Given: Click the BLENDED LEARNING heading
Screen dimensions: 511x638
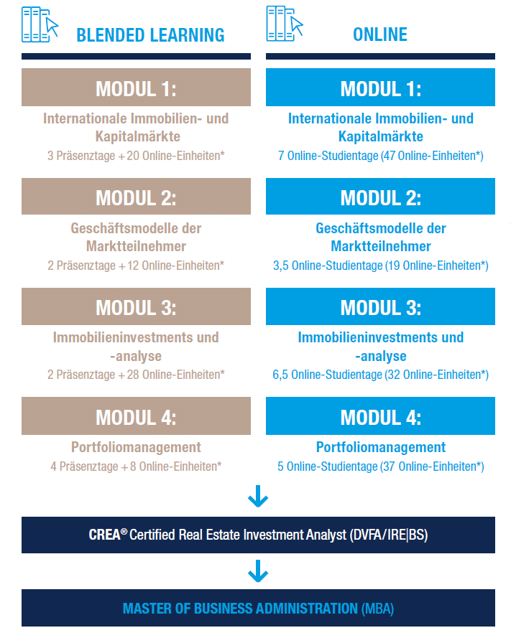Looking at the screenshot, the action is (150, 35).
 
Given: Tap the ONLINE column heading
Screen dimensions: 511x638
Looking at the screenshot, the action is (380, 34).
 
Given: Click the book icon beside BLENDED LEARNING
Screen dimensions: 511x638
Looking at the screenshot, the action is (40, 24).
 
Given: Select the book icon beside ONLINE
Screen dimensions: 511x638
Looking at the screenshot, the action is (285, 24).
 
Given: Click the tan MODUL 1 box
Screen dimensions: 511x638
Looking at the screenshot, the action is (136, 87).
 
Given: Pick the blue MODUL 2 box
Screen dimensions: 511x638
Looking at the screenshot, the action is (380, 196).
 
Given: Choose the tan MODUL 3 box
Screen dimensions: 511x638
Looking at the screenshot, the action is (136, 306).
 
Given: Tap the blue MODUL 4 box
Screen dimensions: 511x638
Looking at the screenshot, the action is (380, 416).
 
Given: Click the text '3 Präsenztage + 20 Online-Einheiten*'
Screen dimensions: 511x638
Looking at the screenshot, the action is (136, 156).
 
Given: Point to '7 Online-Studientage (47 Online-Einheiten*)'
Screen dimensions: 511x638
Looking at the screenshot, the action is (381, 156).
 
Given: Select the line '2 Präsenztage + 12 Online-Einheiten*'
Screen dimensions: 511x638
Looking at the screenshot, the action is (136, 266).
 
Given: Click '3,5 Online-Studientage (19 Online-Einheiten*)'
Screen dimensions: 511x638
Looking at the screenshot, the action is (381, 266).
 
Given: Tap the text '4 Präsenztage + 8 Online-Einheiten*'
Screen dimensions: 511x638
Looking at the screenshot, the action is (136, 466).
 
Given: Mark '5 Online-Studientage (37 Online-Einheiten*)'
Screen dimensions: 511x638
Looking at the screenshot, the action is (381, 466).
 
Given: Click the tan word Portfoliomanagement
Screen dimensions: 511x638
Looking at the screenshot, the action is (136, 447).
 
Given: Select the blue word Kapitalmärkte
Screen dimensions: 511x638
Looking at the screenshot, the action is (381, 136).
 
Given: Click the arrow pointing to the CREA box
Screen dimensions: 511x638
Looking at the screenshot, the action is (258, 496).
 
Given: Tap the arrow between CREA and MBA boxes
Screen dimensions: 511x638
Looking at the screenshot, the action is (258, 571).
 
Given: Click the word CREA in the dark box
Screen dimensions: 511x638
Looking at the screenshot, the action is (105, 535).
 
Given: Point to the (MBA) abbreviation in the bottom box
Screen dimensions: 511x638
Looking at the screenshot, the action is (377, 609).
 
